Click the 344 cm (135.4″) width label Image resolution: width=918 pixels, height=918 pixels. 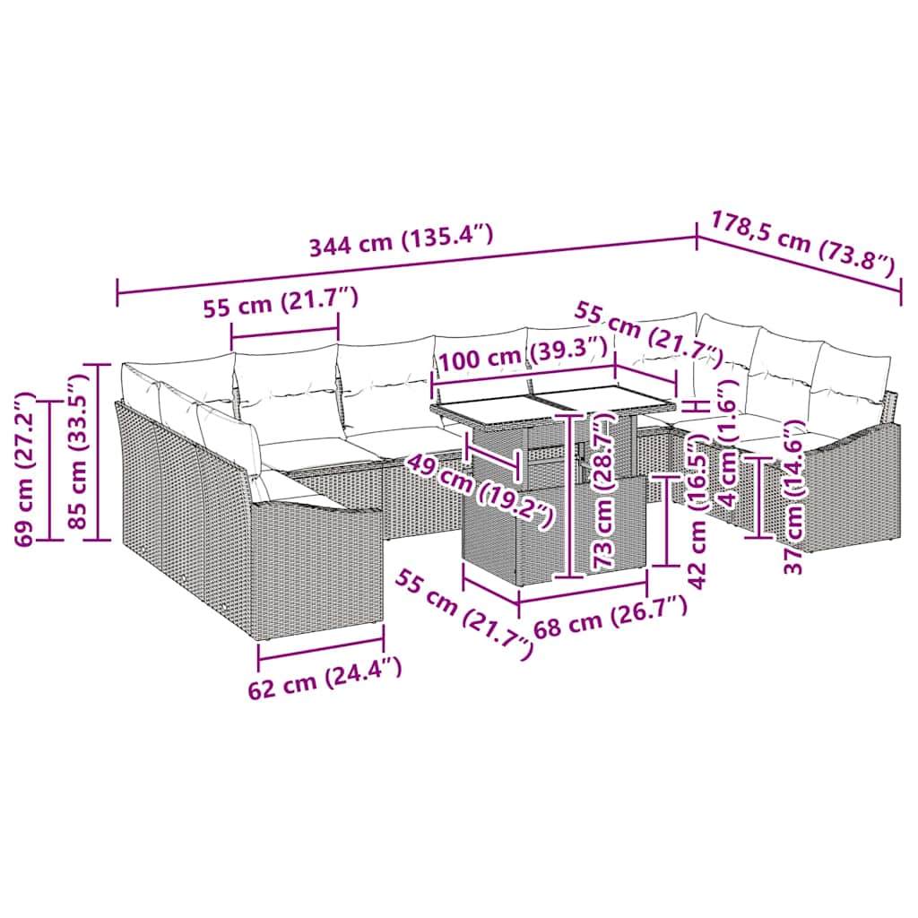[401, 241]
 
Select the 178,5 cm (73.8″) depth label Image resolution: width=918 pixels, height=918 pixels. [802, 242]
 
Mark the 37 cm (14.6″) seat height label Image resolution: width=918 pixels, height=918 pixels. [790, 502]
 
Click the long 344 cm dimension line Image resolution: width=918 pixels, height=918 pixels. [403, 265]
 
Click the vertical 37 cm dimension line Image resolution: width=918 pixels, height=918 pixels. [760, 498]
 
